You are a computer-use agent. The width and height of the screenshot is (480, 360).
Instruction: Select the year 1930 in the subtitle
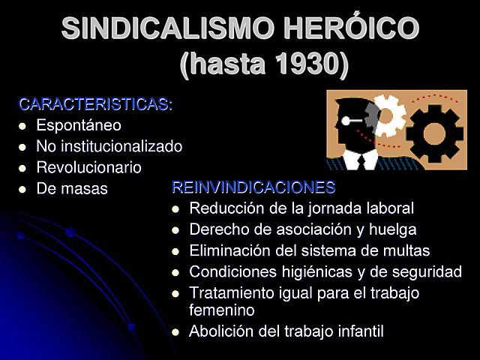point(310,64)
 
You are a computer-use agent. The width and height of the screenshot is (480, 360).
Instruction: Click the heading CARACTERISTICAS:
point(95,104)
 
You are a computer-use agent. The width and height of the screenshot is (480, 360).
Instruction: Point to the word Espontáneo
point(79,125)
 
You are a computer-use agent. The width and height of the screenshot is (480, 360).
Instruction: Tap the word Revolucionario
point(88,167)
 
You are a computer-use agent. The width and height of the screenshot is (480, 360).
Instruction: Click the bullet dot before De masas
point(22,189)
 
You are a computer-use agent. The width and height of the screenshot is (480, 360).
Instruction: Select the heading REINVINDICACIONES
point(253,187)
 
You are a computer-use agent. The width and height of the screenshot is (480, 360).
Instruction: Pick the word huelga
point(394,229)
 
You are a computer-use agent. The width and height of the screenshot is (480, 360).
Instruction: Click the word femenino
point(222,309)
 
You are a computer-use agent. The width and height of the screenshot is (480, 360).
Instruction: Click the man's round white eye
point(346,120)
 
